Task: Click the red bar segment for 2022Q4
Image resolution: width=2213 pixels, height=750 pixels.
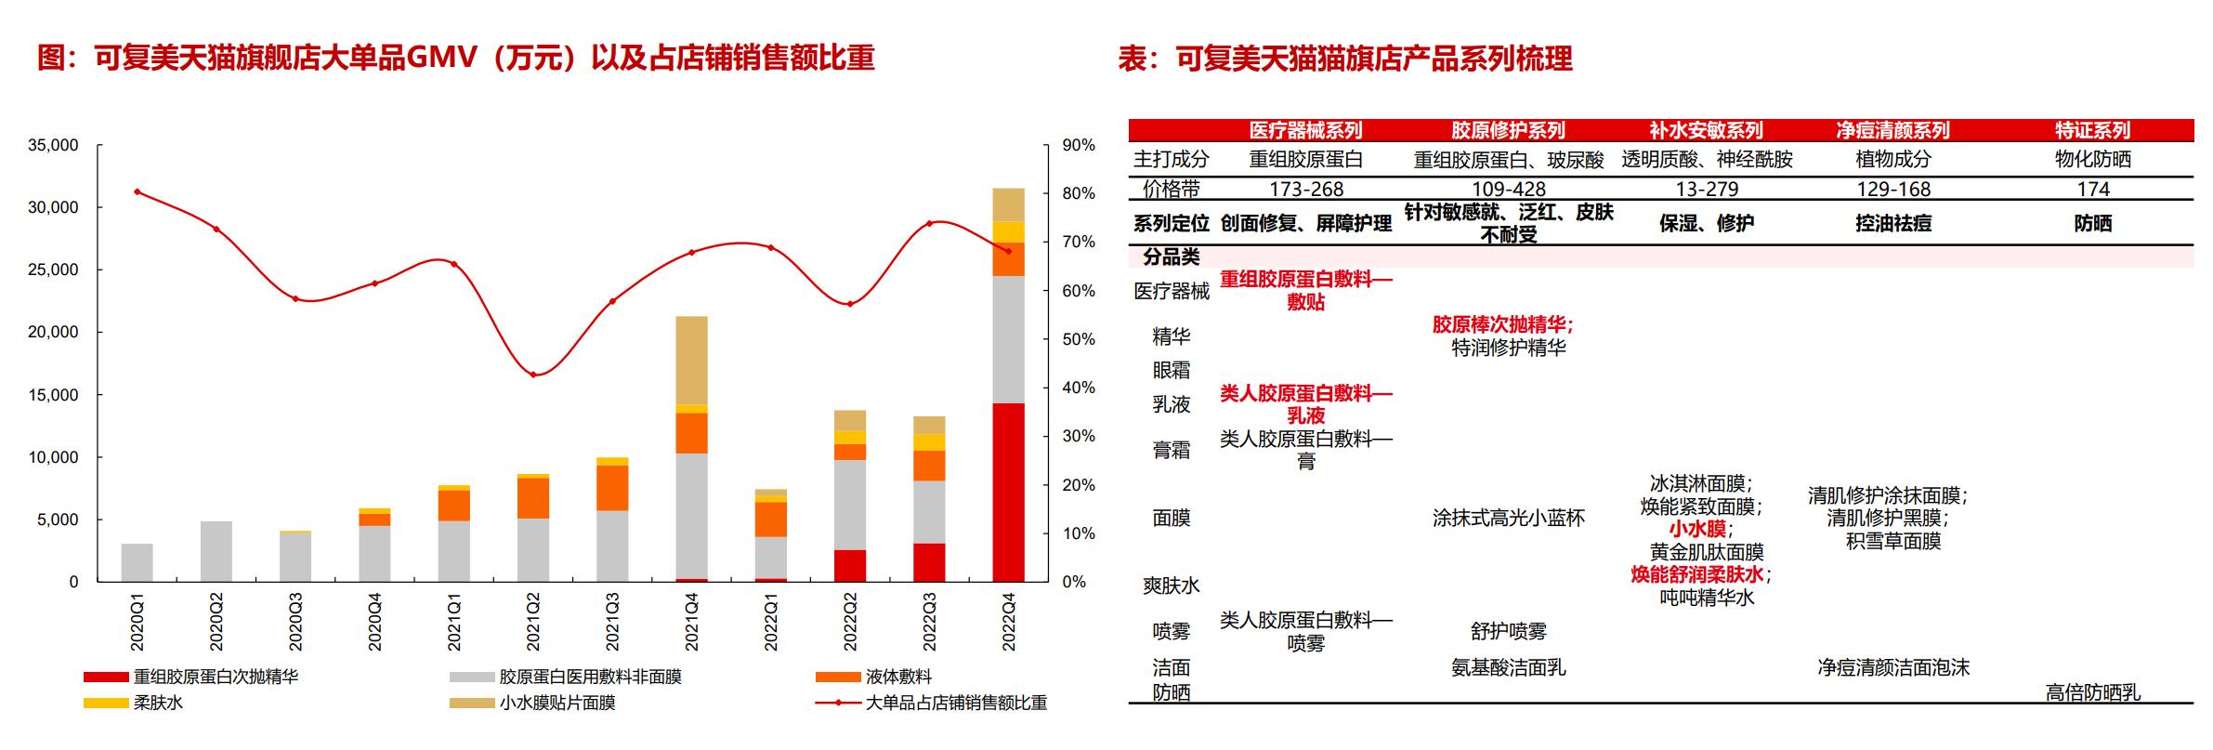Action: (x=1008, y=493)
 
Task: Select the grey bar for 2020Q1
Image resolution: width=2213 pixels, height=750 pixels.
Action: (x=137, y=562)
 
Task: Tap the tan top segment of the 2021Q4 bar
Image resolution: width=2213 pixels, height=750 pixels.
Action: (x=691, y=360)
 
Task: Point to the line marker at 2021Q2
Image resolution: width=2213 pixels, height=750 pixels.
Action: (x=533, y=375)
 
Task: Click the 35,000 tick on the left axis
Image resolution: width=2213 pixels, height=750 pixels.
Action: (x=53, y=146)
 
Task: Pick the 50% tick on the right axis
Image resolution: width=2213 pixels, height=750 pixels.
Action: (x=1079, y=339)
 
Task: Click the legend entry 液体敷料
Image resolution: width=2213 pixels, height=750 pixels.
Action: (x=897, y=677)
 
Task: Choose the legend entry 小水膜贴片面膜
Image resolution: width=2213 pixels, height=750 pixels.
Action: (x=557, y=703)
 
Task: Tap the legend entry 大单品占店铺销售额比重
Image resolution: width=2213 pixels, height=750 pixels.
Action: (x=955, y=703)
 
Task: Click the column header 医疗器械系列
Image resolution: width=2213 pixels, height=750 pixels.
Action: (x=1305, y=130)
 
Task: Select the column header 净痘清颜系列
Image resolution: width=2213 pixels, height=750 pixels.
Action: (x=1892, y=130)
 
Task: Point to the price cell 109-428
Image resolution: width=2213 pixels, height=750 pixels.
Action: (x=1508, y=189)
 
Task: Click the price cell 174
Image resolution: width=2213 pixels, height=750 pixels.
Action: (x=2092, y=189)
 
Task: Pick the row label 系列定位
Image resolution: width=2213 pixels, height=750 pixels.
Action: (x=1171, y=223)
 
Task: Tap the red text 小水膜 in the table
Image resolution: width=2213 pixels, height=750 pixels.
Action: (x=1697, y=529)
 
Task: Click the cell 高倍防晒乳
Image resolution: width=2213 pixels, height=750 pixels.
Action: (x=2092, y=692)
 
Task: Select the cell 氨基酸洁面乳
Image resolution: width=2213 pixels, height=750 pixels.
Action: (x=1508, y=667)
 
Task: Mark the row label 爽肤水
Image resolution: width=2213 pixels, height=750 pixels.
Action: (x=1171, y=586)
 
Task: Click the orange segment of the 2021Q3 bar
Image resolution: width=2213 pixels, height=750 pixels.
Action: (x=612, y=488)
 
